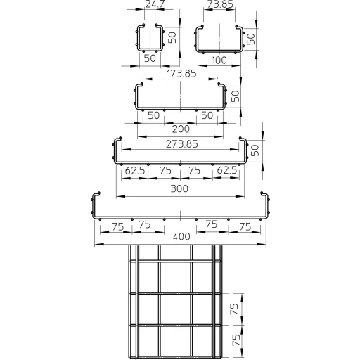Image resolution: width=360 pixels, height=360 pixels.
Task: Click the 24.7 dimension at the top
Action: click(155, 4)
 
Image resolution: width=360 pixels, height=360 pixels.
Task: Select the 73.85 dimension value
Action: click(220, 4)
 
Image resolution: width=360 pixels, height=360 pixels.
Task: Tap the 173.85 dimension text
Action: click(181, 74)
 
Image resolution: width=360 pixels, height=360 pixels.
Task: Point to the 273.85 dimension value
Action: click(182, 144)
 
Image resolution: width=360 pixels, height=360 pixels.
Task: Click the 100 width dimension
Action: click(219, 60)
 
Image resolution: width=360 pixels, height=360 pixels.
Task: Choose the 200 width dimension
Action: click(181, 129)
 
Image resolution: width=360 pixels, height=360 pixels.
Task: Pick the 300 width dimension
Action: click(179, 188)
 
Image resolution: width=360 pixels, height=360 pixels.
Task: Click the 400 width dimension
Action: click(181, 236)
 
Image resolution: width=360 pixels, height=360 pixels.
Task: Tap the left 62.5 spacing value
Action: click(135, 171)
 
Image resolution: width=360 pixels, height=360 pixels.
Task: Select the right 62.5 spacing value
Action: click(226, 170)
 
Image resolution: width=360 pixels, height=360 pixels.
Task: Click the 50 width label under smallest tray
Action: click(150, 58)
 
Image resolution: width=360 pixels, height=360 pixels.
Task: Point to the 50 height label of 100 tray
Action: click(251, 39)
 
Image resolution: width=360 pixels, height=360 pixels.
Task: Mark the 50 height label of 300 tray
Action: click(255, 150)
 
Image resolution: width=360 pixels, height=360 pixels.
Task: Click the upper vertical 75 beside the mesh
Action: click(234, 309)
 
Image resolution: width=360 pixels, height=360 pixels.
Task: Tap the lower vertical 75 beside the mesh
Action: click(236, 340)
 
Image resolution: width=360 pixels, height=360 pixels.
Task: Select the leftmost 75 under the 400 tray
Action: click(117, 227)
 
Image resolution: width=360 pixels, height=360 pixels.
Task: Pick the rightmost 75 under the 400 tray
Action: click(245, 227)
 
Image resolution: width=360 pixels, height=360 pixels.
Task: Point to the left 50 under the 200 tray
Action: click(154, 115)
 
